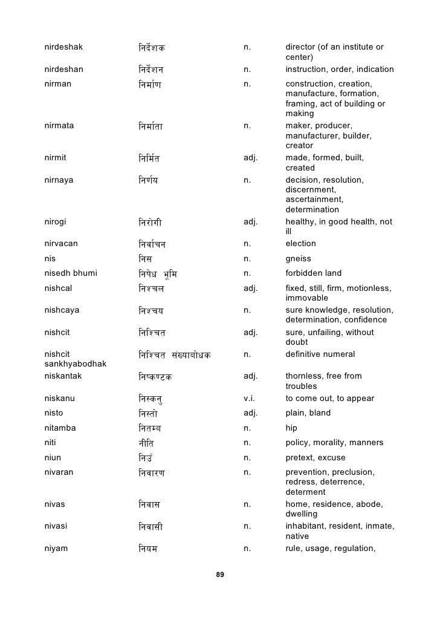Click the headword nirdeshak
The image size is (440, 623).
pyautogui.click(x=63, y=47)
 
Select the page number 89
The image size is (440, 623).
pyautogui.click(x=220, y=574)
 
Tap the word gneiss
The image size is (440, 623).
pyautogui.click(x=299, y=258)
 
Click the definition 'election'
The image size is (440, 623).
pyautogui.click(x=300, y=243)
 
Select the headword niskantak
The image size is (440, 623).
pyautogui.click(x=62, y=376)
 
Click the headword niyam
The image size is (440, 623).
pyautogui.click(x=56, y=549)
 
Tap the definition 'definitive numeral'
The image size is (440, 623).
pyautogui.click(x=320, y=354)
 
